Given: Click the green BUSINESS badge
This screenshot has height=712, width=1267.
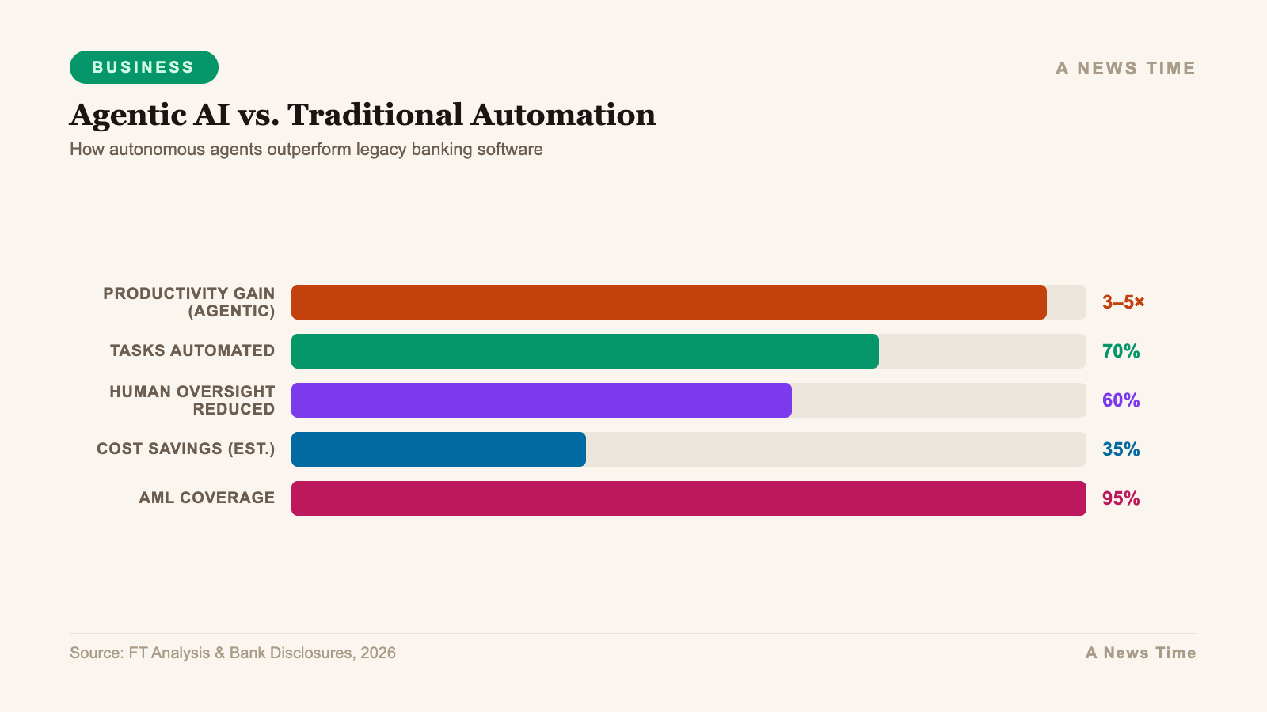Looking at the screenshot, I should (x=143, y=67).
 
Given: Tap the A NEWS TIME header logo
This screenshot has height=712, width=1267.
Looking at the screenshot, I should (x=1124, y=68).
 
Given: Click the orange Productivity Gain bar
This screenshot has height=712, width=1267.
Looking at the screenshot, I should (x=668, y=302).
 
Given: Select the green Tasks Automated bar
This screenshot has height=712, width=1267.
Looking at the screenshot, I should (x=584, y=351).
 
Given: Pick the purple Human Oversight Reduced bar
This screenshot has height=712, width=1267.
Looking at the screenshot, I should (x=541, y=400).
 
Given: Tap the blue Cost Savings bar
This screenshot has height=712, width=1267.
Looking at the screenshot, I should (x=438, y=449).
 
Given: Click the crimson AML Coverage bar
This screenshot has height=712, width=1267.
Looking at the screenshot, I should (x=688, y=498).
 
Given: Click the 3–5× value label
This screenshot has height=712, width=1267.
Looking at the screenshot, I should (x=1123, y=302).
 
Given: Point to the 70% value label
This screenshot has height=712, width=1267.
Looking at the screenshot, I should (x=1121, y=351).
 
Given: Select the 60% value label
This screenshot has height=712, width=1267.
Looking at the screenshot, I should (x=1121, y=400).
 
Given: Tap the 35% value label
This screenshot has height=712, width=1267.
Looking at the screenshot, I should (x=1121, y=449).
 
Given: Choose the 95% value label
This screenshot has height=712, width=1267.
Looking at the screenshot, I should (x=1121, y=498).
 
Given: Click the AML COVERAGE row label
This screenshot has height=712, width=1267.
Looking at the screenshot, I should (x=207, y=498).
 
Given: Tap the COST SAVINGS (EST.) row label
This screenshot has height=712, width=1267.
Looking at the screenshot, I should (x=185, y=449).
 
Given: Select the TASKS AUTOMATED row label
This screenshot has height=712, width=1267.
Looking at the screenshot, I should (x=192, y=350).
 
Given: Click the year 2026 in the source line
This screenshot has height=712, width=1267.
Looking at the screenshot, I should (x=378, y=653).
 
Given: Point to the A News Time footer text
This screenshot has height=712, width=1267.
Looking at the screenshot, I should (x=1140, y=653).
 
